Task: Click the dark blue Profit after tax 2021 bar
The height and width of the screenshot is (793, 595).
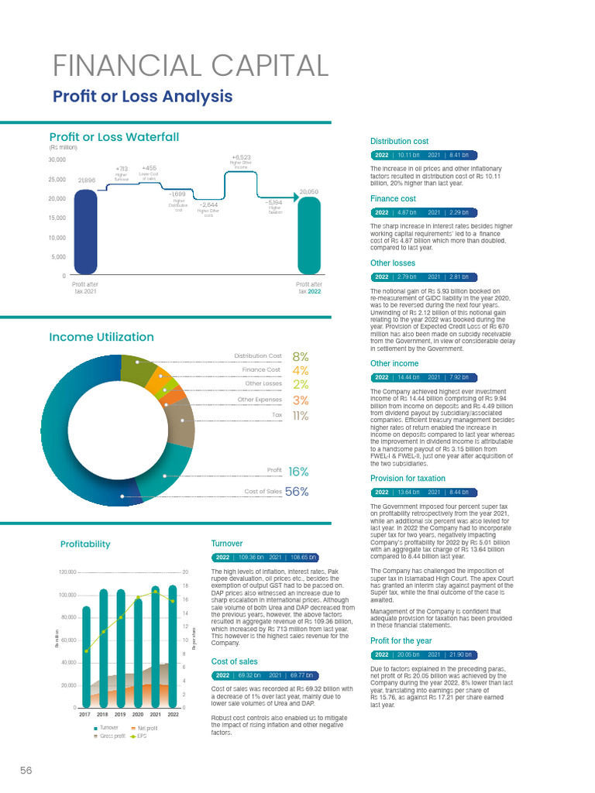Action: tap(86, 232)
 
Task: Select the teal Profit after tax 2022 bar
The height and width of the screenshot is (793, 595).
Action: tap(308, 236)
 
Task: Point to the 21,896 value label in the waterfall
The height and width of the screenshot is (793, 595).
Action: tap(86, 180)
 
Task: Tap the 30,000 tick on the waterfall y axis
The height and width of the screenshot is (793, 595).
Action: tap(57, 160)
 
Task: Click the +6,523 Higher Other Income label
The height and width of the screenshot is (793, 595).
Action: tap(241, 158)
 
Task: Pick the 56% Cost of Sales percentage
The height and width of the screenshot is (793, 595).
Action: tap(297, 492)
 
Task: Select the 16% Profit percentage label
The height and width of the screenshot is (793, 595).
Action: tap(298, 471)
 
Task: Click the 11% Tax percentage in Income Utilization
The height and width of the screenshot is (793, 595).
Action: tap(301, 416)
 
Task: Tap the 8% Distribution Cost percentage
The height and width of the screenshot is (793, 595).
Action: tap(301, 357)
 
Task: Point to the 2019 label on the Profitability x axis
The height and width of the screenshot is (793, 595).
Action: tap(121, 714)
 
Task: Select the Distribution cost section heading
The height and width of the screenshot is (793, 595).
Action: tap(399, 142)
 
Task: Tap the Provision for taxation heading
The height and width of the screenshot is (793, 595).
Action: tap(408, 479)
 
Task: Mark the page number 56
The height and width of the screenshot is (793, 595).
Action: tap(26, 770)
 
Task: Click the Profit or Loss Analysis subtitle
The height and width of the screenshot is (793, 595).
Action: tap(142, 97)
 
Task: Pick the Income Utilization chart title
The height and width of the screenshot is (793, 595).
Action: tap(101, 337)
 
